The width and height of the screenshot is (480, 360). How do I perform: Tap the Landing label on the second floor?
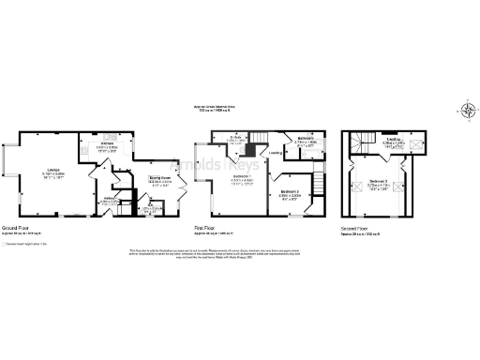[x=393, y=140]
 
